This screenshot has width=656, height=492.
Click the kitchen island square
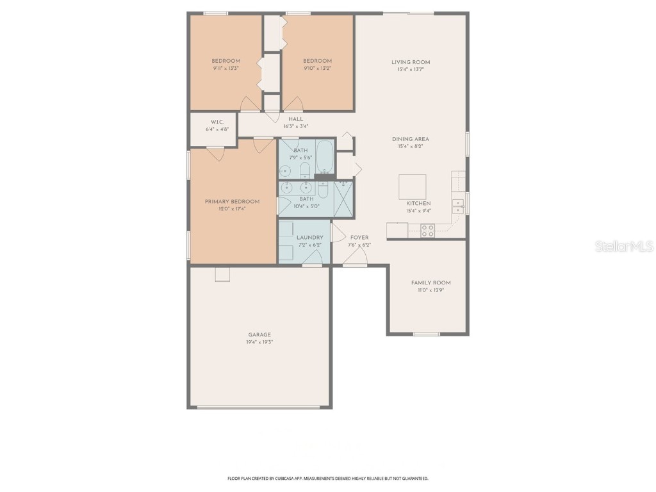tap(413, 187)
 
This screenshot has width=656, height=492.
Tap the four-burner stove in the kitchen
tap(427, 231)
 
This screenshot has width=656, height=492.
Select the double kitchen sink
tap(458, 206)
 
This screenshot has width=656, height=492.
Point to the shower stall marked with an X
tap(343, 200)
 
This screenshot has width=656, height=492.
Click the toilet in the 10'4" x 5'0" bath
tap(323, 190)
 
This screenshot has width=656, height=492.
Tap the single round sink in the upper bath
tap(284, 171)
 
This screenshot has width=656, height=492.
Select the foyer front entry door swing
tap(356, 257)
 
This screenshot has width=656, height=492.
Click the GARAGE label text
tap(259, 335)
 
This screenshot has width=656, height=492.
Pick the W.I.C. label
tap(217, 122)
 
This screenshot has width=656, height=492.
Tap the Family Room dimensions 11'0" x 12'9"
tap(430, 290)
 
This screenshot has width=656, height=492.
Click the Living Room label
tap(411, 62)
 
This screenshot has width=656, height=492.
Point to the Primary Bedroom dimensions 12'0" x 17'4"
tap(233, 209)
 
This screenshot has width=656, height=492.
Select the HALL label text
tap(295, 119)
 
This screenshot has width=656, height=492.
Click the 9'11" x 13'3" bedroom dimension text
tap(225, 69)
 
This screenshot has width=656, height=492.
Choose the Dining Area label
tap(411, 139)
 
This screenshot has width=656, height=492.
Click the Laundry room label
tap(309, 238)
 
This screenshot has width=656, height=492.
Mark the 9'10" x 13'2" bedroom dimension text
tap(317, 69)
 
